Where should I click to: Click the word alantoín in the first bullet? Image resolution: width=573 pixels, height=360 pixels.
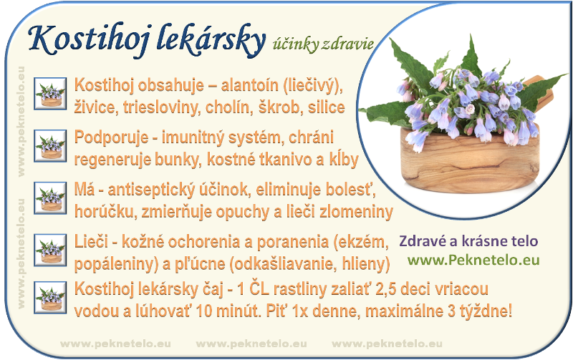[x=249, y=85]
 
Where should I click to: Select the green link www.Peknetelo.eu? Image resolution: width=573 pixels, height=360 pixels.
[x=473, y=260]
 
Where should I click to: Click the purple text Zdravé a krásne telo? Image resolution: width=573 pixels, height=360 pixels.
[x=468, y=241]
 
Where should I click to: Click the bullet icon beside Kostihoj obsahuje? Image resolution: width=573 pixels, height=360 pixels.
[x=50, y=94]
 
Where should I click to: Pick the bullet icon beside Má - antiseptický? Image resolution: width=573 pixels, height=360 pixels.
[x=50, y=198]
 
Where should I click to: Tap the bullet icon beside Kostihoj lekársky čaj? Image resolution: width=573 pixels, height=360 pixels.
[x=50, y=297]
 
